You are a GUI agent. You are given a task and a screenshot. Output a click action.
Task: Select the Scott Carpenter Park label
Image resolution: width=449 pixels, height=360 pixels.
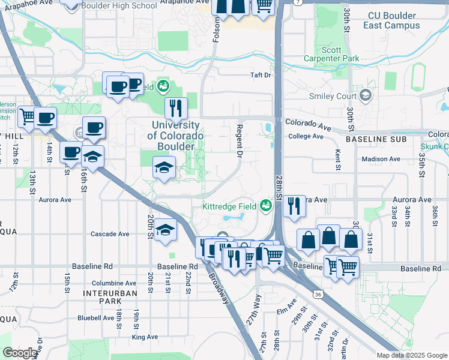coord(340,55)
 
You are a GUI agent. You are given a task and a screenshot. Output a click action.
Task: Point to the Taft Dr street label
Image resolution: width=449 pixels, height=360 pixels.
coord(261,76)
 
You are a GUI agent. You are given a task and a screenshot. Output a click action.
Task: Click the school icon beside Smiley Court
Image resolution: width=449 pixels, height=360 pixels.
coord(365,95)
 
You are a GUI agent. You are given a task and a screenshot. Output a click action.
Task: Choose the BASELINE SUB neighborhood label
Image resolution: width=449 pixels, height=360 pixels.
coord(378,139)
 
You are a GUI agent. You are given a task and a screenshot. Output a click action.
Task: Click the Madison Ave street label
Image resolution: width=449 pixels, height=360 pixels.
coord(381,159)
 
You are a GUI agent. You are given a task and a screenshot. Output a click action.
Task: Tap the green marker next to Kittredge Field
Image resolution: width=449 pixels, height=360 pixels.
coord(265,206)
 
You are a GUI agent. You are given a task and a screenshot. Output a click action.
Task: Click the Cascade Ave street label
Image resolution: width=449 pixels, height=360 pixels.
coord(110,234)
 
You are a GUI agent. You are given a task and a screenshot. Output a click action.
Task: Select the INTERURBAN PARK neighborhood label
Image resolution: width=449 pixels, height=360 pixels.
coord(110,297)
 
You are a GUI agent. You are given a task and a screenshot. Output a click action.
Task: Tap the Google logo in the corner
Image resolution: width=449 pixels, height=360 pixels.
coord(20,353)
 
